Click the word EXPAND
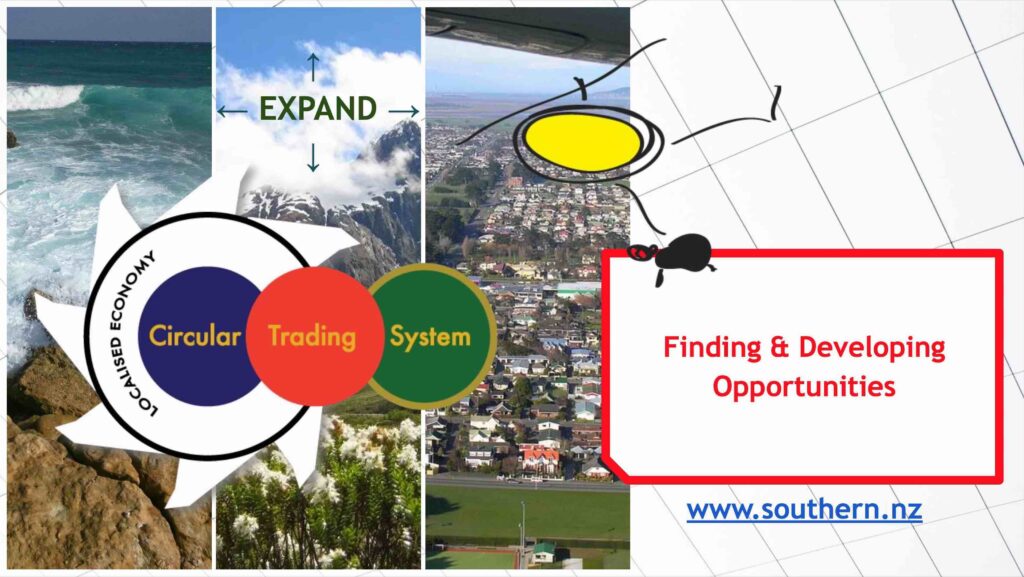[x=318, y=108]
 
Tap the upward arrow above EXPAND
[x=313, y=67]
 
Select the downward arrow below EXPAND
[x=313, y=157]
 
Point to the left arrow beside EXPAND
[x=232, y=112]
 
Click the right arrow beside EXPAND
[x=404, y=112]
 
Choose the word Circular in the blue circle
[x=195, y=336]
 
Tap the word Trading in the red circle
[x=312, y=337]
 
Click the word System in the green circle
[x=430, y=337]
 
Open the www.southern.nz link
[x=804, y=509]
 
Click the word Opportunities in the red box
[x=804, y=387]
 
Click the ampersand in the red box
[x=780, y=347]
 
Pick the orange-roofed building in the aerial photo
[x=539, y=460]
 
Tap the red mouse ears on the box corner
[x=643, y=252]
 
